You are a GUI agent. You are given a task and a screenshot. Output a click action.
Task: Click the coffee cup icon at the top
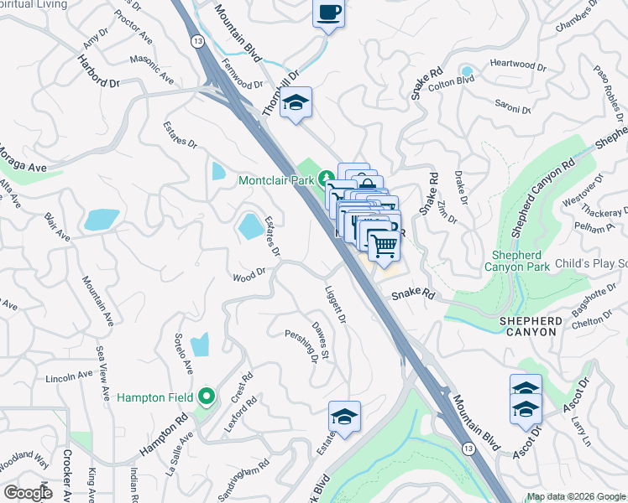[x=329, y=14]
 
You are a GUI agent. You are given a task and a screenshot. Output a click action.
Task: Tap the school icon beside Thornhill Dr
[x=296, y=103]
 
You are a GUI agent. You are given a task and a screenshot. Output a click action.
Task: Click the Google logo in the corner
[x=28, y=493]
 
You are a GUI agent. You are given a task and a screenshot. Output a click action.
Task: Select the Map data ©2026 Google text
[x=575, y=496]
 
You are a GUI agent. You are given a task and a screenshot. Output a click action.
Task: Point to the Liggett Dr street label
[x=335, y=306]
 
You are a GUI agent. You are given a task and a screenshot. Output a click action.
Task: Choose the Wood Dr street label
[x=249, y=273]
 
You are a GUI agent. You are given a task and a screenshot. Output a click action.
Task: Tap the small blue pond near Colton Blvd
[x=465, y=70]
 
